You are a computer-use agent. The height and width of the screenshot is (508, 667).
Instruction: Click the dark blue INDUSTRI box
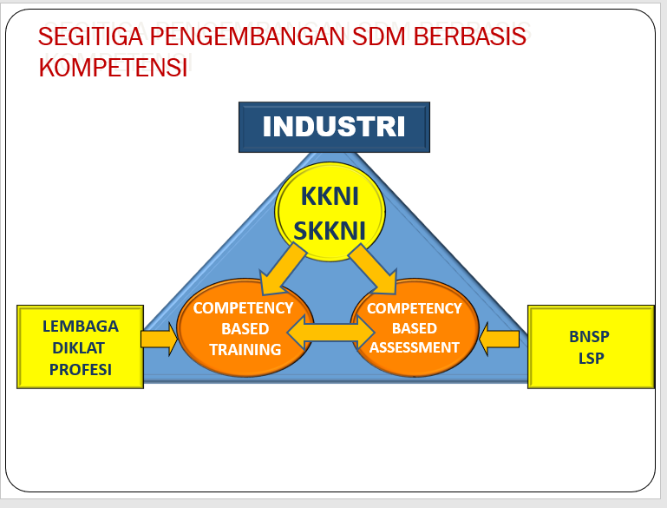pyautogui.click(x=334, y=127)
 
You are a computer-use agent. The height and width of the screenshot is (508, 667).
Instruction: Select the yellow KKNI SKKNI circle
pyautogui.click(x=329, y=212)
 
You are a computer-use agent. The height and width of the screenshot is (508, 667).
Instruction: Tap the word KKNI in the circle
pyautogui.click(x=329, y=196)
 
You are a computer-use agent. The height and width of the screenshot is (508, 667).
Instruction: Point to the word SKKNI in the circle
pyautogui.click(x=329, y=230)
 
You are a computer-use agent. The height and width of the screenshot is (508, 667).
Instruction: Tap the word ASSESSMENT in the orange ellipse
pyautogui.click(x=414, y=347)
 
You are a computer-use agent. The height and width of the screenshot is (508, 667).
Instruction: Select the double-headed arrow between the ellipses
pyautogui.click(x=330, y=331)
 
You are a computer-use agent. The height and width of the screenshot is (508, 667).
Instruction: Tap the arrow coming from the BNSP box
pyautogui.click(x=499, y=339)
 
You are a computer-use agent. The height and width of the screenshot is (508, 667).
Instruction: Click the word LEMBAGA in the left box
pyautogui.click(x=81, y=327)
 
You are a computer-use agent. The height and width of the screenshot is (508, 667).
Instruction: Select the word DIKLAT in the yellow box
pyautogui.click(x=81, y=348)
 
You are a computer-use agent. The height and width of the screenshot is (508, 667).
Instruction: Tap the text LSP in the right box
pyautogui.click(x=591, y=358)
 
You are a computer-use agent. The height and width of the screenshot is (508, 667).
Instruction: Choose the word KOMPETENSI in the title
pyautogui.click(x=114, y=69)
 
